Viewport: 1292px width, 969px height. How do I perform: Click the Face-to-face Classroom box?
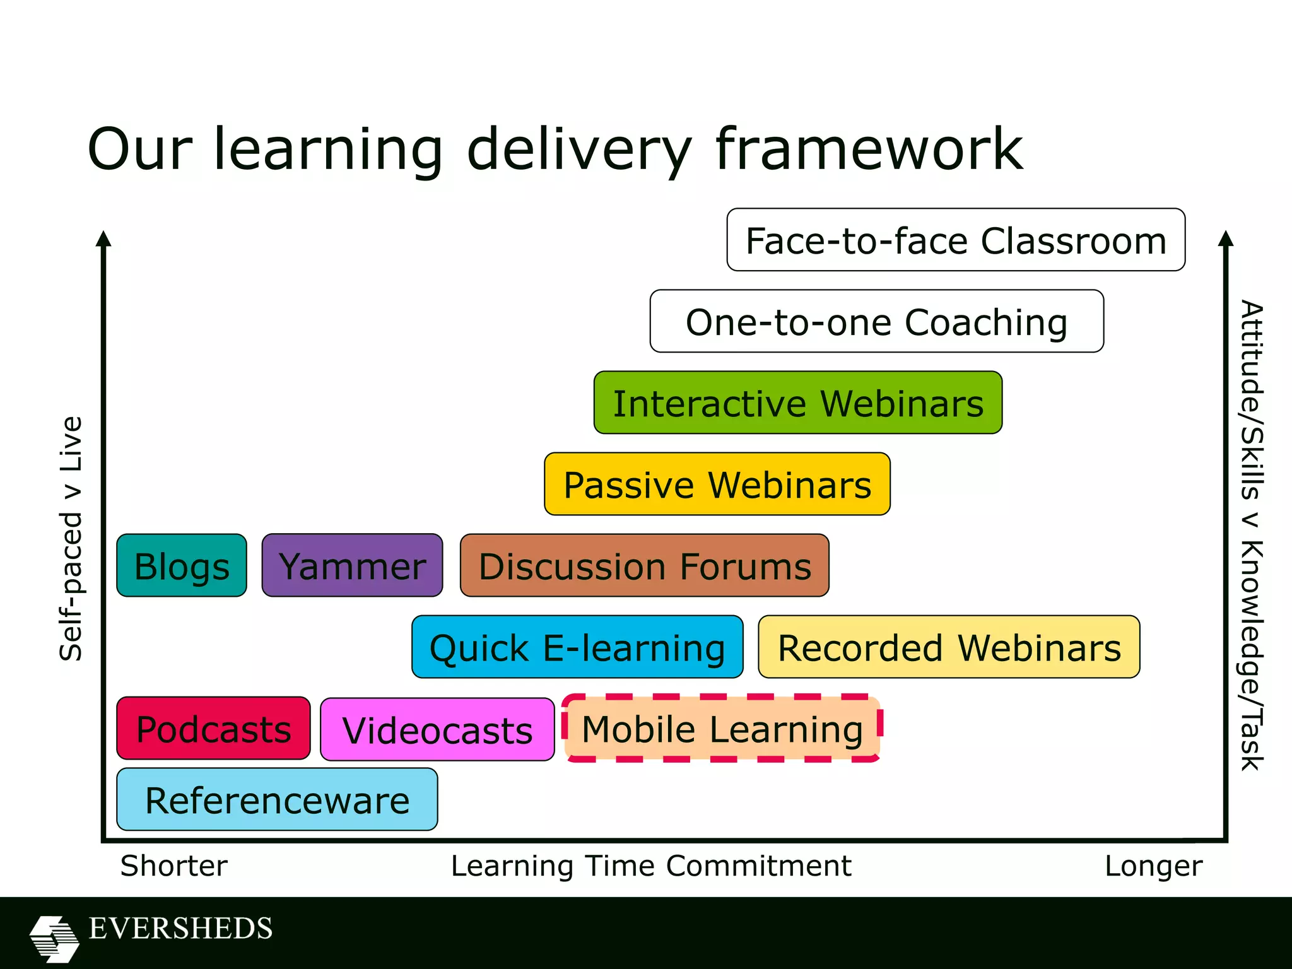[x=956, y=240]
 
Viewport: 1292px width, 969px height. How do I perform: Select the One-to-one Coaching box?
[x=877, y=322]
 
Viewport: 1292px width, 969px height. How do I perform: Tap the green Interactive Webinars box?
[x=798, y=403]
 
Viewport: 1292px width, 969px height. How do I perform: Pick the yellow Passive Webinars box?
[x=717, y=484]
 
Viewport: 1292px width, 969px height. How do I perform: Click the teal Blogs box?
[x=182, y=566]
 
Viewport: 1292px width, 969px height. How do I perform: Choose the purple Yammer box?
[x=352, y=566]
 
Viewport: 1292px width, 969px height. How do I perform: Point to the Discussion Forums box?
[x=645, y=566]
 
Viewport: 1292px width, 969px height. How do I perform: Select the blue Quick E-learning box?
[x=577, y=647]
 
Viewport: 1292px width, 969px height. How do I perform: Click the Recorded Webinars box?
[x=949, y=647]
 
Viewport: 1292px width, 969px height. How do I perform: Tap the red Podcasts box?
[x=213, y=729]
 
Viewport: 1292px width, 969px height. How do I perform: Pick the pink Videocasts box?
[x=437, y=730]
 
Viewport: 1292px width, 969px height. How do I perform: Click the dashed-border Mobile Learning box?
[x=722, y=729]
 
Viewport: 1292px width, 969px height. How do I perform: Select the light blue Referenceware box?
[x=277, y=800]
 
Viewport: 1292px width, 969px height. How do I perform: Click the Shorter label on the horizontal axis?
[x=174, y=866]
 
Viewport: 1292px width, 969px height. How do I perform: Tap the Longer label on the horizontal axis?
[x=1153, y=866]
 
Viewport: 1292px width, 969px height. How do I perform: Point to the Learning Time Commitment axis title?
[x=651, y=866]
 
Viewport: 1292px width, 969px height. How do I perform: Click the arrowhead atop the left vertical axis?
[x=104, y=239]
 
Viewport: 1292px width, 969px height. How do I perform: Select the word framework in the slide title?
[x=869, y=149]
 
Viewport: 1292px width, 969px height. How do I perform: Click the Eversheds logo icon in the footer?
[x=54, y=938]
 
